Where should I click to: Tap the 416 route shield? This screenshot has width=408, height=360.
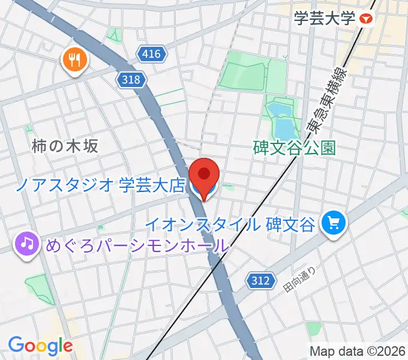pos(152,55)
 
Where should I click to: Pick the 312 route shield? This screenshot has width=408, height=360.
pos(261,280)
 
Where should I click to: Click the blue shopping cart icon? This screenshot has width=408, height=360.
pos(334,224)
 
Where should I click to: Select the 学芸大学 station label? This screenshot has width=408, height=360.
pos(325,19)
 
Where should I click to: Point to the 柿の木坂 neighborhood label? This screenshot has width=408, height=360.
pos(64,146)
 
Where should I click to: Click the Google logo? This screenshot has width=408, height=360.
pos(40,346)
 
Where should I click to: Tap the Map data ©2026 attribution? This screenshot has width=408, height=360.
pos(358,351)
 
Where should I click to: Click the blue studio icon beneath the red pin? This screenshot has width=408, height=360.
pos(198,188)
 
